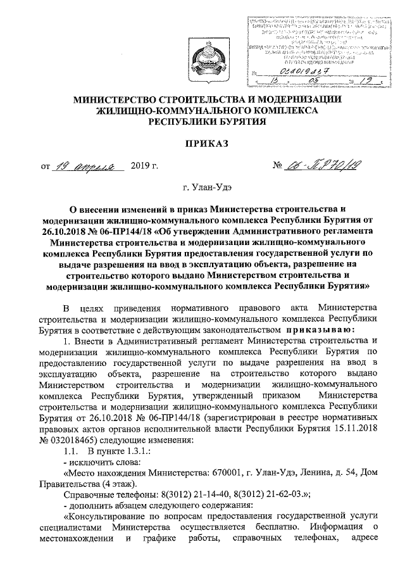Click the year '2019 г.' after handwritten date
tap(144, 167)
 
